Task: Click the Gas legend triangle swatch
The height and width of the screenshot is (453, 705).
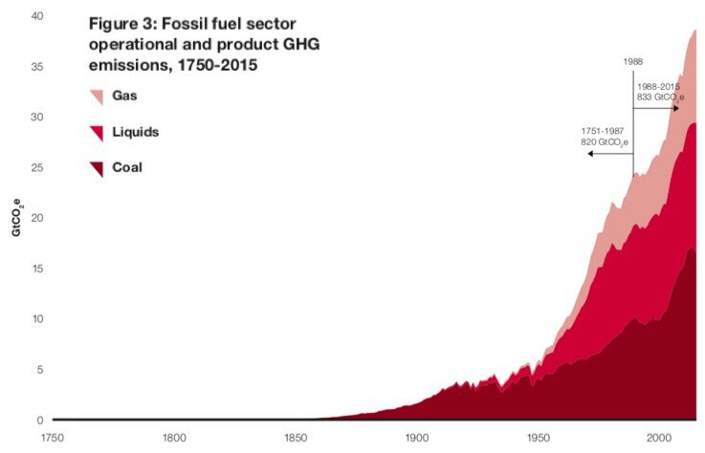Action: tap(96, 97)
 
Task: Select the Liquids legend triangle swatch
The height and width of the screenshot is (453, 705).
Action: tap(96, 133)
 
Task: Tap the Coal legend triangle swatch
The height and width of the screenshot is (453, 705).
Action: tap(96, 169)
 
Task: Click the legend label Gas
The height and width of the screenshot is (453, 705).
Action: tap(123, 97)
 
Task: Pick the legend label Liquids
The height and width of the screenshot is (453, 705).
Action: tap(135, 132)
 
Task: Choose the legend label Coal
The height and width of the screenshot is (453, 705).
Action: tap(126, 167)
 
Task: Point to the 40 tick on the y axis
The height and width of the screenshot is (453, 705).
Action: tap(36, 16)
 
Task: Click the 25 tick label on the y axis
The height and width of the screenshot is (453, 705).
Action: tap(36, 167)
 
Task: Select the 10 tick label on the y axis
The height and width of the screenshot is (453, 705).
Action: tap(36, 318)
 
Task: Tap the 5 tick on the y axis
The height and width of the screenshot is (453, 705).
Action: tap(39, 369)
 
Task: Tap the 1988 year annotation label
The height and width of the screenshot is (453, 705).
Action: tap(632, 62)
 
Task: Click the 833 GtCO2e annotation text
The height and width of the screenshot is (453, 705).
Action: tap(659, 98)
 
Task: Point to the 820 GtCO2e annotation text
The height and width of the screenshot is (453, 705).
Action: tap(605, 141)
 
